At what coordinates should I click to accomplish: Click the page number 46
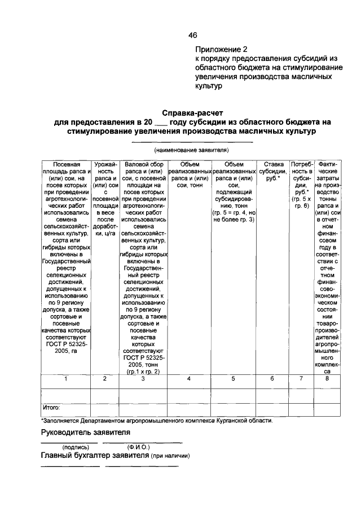tap(192, 35)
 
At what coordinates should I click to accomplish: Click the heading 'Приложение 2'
tap(222, 49)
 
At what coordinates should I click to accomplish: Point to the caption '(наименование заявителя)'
tap(191, 151)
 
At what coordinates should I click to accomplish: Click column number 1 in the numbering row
tap(66, 379)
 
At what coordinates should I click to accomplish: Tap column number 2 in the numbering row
tap(105, 379)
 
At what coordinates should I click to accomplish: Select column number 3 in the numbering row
tap(143, 379)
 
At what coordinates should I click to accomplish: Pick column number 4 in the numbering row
tap(189, 379)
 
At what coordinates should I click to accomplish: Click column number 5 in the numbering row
tap(233, 379)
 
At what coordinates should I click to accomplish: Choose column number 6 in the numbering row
tap(271, 379)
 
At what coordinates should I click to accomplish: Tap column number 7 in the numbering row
tap(301, 379)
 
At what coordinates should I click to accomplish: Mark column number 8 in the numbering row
tap(327, 379)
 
